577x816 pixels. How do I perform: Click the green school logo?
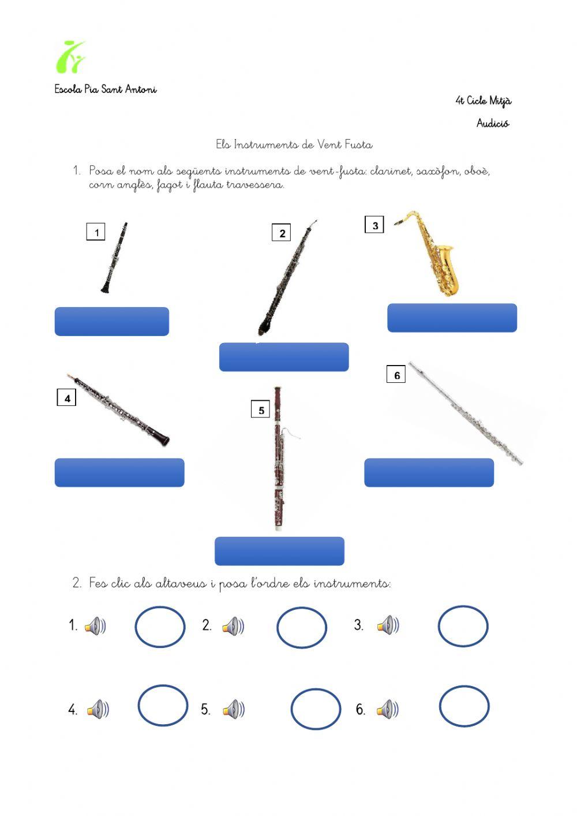click(x=70, y=57)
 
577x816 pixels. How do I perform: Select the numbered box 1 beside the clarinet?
click(x=96, y=232)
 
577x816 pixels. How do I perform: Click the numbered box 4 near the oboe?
click(x=66, y=397)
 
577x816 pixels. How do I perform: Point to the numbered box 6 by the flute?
click(x=396, y=374)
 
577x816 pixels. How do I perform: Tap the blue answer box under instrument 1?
click(x=112, y=321)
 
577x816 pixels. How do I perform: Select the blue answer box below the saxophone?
click(x=452, y=318)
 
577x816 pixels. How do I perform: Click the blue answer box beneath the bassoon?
click(x=280, y=551)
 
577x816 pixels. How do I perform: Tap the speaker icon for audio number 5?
click(x=234, y=709)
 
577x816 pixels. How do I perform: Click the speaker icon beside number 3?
click(x=388, y=625)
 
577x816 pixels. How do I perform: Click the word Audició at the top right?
click(x=493, y=123)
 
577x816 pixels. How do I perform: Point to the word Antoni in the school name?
click(x=141, y=89)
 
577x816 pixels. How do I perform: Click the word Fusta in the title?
click(x=358, y=144)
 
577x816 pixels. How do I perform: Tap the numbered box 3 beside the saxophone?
click(x=374, y=225)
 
